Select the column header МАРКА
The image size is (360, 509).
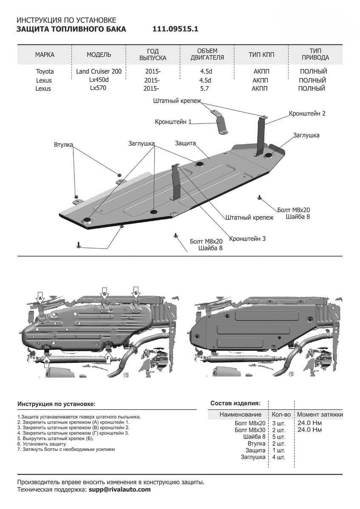pos(45,55)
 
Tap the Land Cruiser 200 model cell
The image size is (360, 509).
pos(99,72)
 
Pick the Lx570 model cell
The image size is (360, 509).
pos(98,88)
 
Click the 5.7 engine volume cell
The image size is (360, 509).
pos(205,89)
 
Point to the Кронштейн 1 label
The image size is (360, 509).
pos(173,122)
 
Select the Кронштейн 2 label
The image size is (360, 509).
pos(307,114)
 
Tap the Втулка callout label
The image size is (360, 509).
pos(64,145)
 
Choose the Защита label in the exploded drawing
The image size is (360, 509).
pos(185,143)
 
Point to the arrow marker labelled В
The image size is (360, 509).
pos(47,361)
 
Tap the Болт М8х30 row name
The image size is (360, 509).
pos(250,430)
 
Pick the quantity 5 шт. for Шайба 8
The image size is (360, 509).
pos(278,437)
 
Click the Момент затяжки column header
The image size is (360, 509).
pos(320,414)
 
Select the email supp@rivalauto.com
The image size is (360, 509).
pos(120,489)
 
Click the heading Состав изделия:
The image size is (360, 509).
pos(235,403)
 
